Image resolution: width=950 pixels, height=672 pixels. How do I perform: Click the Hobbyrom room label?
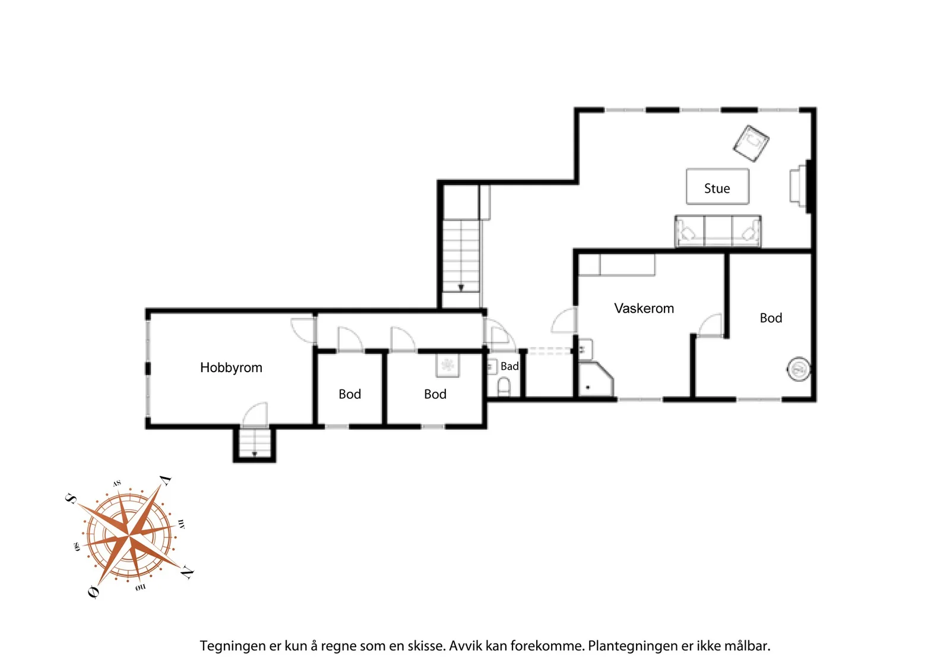(x=231, y=367)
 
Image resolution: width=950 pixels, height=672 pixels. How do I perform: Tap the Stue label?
(x=717, y=188)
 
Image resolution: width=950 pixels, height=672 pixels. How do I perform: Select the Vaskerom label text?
(x=644, y=308)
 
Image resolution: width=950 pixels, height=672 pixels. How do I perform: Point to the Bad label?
(x=509, y=366)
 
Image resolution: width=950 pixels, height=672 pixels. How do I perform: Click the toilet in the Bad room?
(x=503, y=387)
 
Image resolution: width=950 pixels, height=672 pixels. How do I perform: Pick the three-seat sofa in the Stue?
(x=718, y=231)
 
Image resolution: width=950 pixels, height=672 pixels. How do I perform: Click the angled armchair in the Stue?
(x=751, y=143)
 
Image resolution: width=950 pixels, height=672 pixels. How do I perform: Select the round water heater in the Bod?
(x=799, y=369)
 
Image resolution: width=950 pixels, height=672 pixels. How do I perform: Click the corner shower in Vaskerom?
(x=596, y=379)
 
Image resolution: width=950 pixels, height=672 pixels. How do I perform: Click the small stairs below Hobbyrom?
(x=255, y=443)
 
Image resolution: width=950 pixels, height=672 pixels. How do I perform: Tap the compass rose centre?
(x=128, y=536)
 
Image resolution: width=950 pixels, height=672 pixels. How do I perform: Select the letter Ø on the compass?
(x=94, y=591)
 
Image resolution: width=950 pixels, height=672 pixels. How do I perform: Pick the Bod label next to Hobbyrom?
(x=350, y=394)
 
